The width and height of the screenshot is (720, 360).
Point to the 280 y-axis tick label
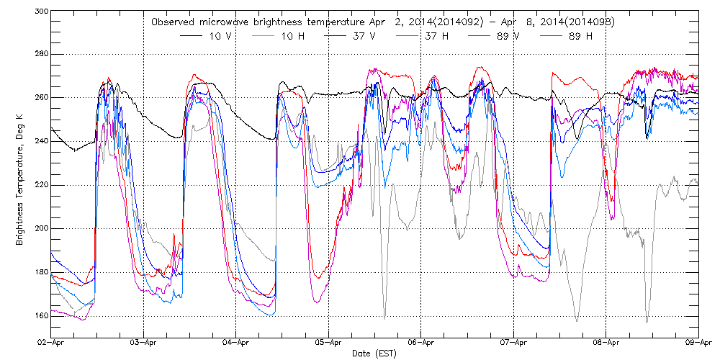click(x=41, y=54)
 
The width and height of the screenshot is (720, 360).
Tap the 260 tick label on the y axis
click(x=41, y=97)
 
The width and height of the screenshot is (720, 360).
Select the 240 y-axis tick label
click(x=41, y=141)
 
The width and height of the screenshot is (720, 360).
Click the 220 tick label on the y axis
click(x=41, y=185)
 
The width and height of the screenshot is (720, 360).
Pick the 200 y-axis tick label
click(x=41, y=228)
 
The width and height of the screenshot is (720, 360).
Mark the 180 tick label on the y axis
click(x=41, y=272)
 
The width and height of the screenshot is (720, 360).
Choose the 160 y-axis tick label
click(x=41, y=315)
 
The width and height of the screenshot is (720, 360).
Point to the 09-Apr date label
click(x=698, y=343)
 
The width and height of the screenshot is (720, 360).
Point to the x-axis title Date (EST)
click(x=374, y=354)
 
